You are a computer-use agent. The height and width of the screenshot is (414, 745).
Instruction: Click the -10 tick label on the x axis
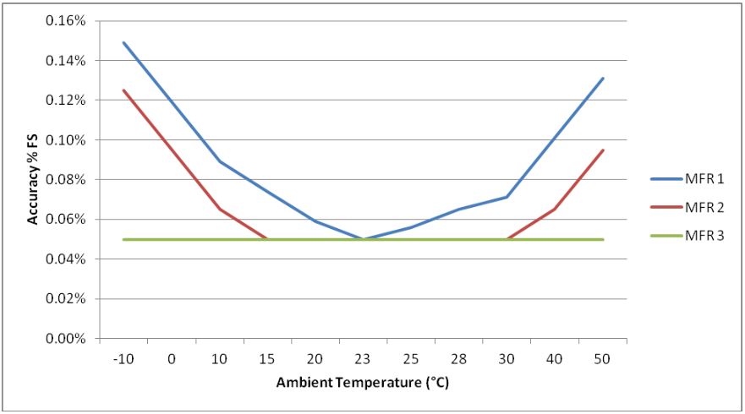[123, 360]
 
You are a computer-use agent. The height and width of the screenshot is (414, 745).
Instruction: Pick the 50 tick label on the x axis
[603, 360]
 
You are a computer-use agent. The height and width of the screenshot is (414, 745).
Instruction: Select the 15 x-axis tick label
[267, 360]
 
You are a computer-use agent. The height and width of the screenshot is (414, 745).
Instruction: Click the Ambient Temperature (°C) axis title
[363, 383]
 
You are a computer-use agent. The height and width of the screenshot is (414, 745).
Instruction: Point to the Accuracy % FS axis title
[33, 179]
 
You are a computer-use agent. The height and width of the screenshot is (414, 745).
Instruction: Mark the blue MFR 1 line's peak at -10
[123, 42]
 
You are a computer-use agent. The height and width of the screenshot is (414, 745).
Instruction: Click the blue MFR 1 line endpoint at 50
[603, 79]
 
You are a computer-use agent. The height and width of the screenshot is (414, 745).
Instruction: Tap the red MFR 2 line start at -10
[123, 90]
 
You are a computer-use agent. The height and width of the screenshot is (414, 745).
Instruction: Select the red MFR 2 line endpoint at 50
[603, 150]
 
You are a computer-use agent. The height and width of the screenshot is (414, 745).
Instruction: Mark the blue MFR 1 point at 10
[220, 161]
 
